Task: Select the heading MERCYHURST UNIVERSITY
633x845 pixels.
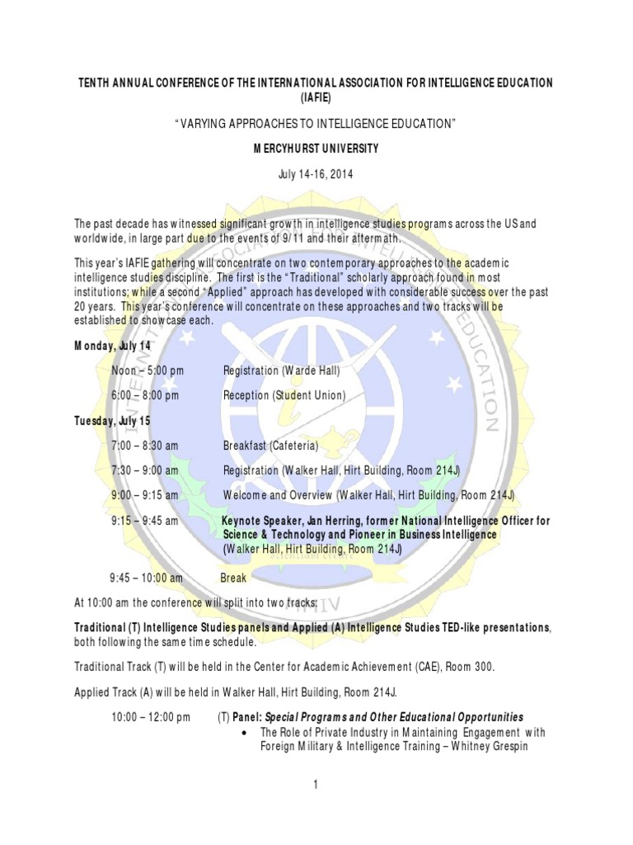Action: [x=316, y=149]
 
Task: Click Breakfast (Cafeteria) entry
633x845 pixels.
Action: [x=270, y=446]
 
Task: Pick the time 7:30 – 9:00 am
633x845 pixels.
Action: [x=144, y=470]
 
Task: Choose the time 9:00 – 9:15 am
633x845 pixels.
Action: [x=144, y=495]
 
